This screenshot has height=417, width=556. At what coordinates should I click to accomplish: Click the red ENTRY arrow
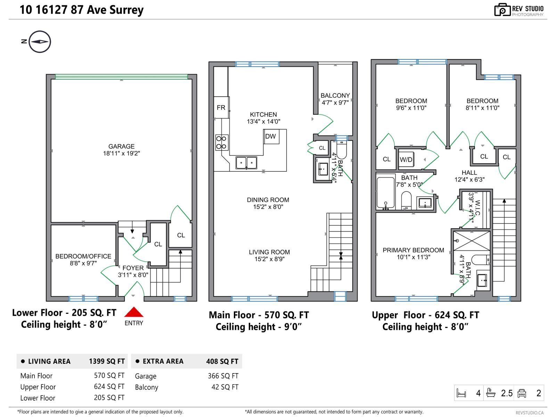[x=134, y=312]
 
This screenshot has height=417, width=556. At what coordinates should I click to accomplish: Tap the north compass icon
[x=40, y=42]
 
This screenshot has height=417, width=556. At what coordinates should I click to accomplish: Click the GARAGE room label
[x=121, y=147]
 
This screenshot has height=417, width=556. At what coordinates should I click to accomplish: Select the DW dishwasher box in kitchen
[x=270, y=136]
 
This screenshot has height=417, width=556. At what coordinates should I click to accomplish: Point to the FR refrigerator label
[x=221, y=108]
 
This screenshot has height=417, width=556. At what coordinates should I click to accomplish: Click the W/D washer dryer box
[x=406, y=160]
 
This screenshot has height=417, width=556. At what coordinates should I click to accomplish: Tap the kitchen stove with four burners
[x=222, y=142]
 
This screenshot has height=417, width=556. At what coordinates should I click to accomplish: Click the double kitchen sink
[x=246, y=163]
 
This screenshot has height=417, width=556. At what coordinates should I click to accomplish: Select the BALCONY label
[x=335, y=96]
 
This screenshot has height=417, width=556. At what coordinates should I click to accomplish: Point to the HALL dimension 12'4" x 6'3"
[x=469, y=180]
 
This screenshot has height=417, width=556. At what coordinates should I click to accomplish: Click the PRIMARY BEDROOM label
[x=413, y=250]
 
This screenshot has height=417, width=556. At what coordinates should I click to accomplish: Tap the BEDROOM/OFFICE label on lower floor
[x=83, y=256]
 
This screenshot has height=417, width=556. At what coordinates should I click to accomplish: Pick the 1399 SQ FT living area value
[x=107, y=361]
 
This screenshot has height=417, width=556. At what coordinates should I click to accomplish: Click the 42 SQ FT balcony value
[x=225, y=387]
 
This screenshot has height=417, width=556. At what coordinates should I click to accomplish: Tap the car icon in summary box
[x=522, y=393]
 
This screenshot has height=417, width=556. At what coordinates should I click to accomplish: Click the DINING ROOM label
[x=268, y=200]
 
